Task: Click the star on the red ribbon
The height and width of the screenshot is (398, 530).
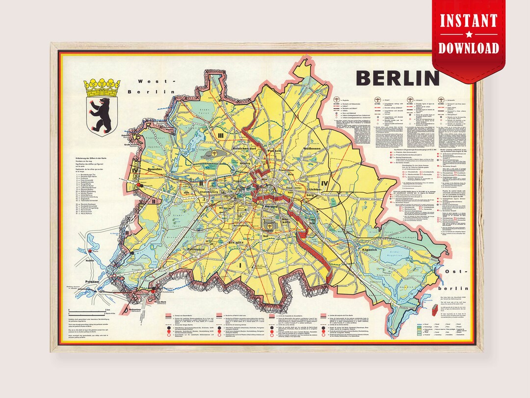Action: click(468, 34)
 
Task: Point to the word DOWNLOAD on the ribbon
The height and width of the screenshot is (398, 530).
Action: click(468, 48)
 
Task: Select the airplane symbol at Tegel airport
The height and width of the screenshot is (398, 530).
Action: click(214, 154)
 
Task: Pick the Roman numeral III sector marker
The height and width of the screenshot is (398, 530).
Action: click(221, 134)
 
